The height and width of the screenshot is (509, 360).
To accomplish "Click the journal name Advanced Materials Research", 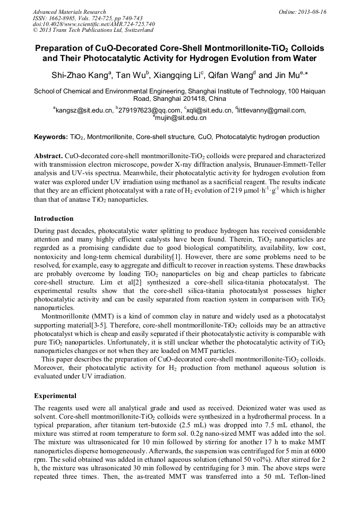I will pyautogui.click(x=69, y=12).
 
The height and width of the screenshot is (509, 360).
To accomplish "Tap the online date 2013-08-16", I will pyautogui.click(x=312, y=12).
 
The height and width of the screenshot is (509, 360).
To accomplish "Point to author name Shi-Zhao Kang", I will pyautogui.click(x=79, y=75).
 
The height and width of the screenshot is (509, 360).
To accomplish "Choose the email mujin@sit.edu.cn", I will pyautogui.click(x=181, y=118).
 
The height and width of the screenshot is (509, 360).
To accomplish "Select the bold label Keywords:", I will pyautogui.click(x=51, y=137).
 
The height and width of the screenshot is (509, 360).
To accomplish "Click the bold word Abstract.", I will pyautogui.click(x=48, y=157).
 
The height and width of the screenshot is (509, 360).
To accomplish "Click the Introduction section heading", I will pyautogui.click(x=54, y=218).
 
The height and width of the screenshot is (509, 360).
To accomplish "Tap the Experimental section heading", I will pyautogui.click(x=55, y=395).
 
